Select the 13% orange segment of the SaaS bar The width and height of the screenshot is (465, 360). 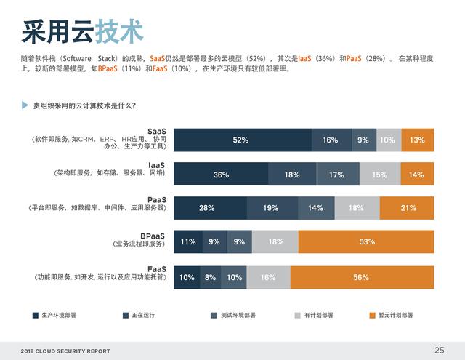click(417, 140)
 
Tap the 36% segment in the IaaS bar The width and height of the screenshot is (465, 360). click(221, 175)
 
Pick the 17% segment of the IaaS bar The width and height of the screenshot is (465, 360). click(336, 175)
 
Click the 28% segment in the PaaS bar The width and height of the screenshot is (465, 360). click(206, 208)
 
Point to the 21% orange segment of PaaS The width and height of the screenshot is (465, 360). click(408, 208)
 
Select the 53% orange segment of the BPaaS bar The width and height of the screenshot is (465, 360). click(366, 242)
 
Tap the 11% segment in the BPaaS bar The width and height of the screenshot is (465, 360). click(188, 242)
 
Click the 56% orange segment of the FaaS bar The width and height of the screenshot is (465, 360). click(361, 277)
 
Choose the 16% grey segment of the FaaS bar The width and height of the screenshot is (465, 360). click(268, 277)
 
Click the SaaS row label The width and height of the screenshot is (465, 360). click(156, 132)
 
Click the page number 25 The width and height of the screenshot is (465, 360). click(439, 350)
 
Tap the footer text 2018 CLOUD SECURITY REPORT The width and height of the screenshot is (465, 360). click(65, 351)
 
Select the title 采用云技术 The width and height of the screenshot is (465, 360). click(82, 31)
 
